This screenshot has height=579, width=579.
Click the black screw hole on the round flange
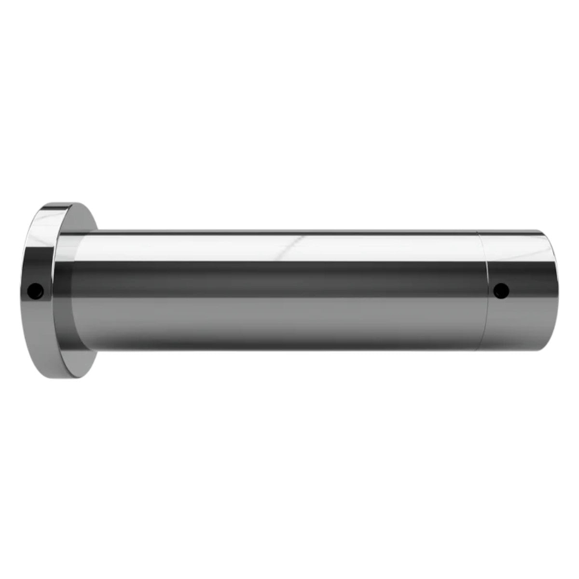(35, 290)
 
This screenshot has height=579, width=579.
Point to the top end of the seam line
(478, 232)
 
